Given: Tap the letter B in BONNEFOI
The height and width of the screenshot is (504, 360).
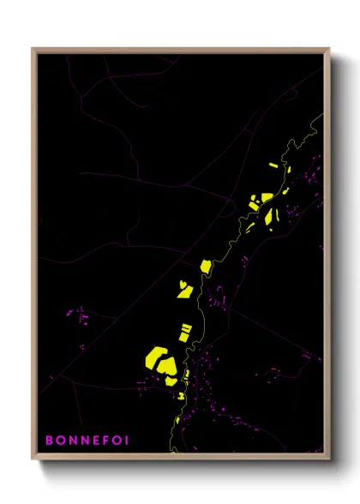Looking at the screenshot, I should (x=49, y=441).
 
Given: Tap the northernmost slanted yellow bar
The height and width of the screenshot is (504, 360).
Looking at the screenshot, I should (x=273, y=165).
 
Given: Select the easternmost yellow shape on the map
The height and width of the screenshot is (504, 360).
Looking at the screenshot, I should (x=286, y=191).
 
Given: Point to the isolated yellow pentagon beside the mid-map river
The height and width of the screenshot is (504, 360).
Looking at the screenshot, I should (x=206, y=266).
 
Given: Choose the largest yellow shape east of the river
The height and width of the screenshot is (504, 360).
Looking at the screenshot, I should (x=273, y=218).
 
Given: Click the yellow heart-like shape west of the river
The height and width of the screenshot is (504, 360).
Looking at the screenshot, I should (x=184, y=289).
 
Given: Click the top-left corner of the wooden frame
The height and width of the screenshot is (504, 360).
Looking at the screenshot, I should (x=33, y=49).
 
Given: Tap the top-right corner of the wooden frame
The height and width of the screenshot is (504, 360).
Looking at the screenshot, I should (x=329, y=49).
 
